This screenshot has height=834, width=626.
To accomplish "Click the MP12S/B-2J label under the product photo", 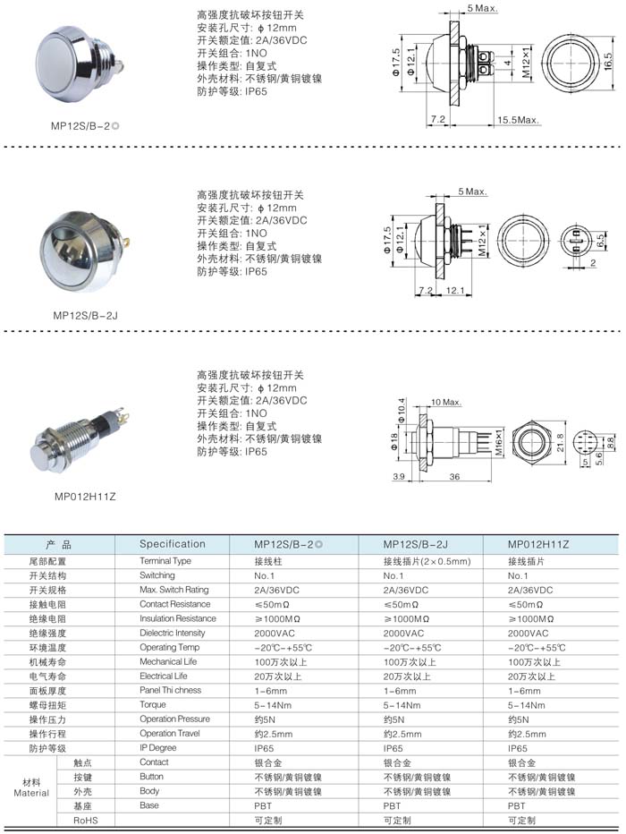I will click(x=84, y=315).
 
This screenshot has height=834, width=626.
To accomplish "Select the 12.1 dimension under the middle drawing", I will click(x=453, y=292).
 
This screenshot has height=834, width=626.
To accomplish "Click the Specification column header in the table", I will click(x=173, y=544).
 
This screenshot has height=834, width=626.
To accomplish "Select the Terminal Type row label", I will click(x=165, y=561).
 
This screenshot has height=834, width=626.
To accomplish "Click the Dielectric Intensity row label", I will click(x=173, y=633).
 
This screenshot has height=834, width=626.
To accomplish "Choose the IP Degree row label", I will click(x=158, y=747).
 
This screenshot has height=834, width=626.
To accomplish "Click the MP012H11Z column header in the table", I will click(x=537, y=544).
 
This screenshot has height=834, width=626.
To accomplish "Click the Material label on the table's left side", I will click(x=31, y=792).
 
